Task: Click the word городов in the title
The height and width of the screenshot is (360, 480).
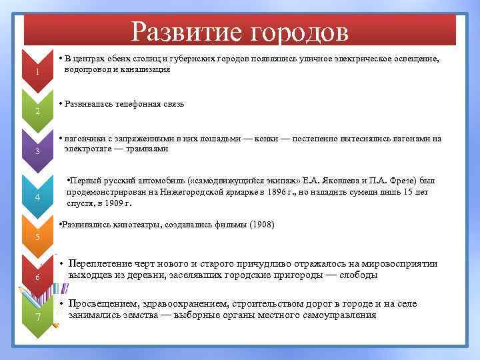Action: coord(298,31)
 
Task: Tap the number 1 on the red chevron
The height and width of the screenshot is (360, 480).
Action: coord(38,72)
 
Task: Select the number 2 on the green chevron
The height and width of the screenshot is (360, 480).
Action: coord(38,111)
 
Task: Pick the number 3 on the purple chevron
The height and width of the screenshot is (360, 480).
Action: coord(38,153)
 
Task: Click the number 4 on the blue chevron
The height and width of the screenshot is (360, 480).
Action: coord(38,197)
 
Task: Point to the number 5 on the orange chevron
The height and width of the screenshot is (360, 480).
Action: coord(38,237)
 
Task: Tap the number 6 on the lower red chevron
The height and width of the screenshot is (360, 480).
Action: coord(38,278)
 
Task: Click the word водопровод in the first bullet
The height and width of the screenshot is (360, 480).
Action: coord(85,69)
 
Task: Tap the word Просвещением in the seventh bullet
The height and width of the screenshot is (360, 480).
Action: coord(103,304)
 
